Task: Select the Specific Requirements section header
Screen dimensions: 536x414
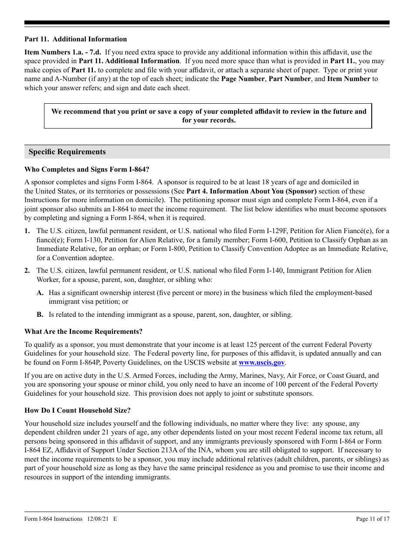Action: point(67,152)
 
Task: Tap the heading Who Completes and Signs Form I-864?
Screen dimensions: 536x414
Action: point(87,170)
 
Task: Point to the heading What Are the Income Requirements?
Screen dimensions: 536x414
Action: point(83,332)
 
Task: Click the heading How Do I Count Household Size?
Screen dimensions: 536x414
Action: point(77,410)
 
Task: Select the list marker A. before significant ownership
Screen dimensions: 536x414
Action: point(40,293)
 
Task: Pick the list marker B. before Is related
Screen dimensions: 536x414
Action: point(40,315)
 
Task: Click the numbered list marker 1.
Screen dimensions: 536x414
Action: point(27,231)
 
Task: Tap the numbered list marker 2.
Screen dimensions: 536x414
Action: point(27,271)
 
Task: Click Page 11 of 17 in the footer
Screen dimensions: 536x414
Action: point(373,519)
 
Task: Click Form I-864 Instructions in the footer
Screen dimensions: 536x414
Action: point(53,519)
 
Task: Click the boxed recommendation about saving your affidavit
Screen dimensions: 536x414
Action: point(208,116)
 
